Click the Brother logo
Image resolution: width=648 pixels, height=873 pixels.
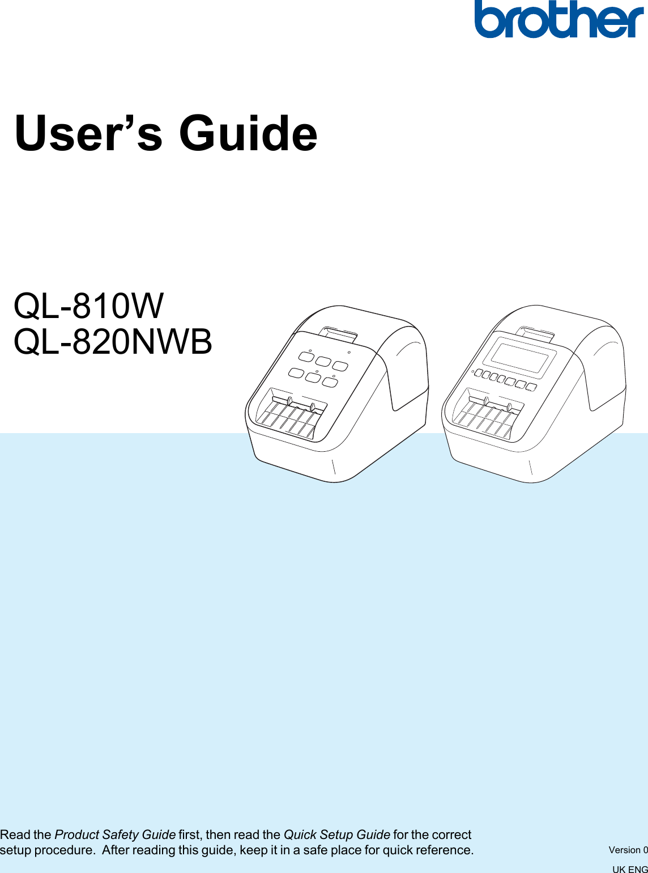click(x=559, y=20)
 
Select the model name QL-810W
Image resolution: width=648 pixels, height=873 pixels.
click(x=89, y=306)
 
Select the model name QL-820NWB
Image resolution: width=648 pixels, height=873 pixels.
click(x=113, y=342)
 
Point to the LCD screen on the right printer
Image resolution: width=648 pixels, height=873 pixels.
click(x=519, y=355)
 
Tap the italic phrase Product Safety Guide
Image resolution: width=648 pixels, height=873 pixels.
click(x=115, y=834)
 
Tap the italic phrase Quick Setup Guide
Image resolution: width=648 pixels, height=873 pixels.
click(x=336, y=834)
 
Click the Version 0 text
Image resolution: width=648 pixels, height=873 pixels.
click(x=628, y=850)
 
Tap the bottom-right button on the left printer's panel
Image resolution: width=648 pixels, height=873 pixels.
click(x=330, y=383)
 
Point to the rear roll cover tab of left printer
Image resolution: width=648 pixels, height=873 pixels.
click(x=338, y=334)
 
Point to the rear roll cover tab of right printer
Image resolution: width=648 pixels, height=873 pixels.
click(x=535, y=334)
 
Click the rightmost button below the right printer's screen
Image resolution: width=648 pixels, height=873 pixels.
click(x=531, y=387)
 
